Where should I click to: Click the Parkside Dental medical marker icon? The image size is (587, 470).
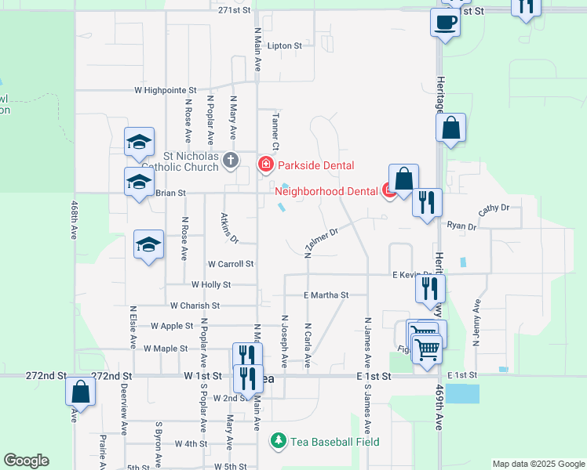coord(266,164)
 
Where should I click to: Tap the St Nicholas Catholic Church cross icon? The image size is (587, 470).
coord(231,161)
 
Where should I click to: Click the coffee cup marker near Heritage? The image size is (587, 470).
coord(446,22)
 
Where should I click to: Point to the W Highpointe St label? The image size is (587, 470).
coord(165,91)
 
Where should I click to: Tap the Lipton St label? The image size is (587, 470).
coord(284,46)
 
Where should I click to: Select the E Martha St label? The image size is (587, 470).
coord(325,295)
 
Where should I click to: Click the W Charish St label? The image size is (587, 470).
coord(195,305)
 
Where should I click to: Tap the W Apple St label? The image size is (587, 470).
coord(172,325)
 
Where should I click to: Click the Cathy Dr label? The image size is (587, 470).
coord(494,209)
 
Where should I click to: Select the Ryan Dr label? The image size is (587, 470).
coord(461,226)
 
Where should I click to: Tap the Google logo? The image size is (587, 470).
coord(26,461)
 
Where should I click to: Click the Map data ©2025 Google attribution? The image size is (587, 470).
coord(538,464)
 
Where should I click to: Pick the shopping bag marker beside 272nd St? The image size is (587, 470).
coord(80,391)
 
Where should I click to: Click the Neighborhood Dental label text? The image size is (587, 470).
coord(326,189)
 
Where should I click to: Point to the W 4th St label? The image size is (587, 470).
coord(191,444)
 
